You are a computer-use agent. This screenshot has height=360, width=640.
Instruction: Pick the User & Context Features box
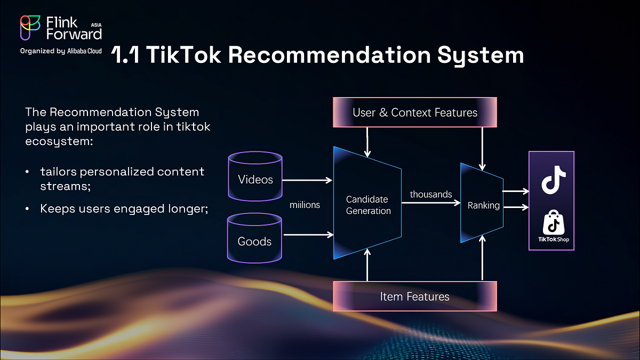(415, 113)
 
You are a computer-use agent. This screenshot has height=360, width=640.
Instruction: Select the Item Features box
(414, 297)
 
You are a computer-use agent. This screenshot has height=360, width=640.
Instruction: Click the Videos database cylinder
(255, 177)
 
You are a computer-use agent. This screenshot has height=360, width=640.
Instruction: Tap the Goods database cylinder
(254, 238)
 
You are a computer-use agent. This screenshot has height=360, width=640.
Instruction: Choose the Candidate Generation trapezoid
(368, 204)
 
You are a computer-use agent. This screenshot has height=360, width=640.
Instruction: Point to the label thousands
(431, 194)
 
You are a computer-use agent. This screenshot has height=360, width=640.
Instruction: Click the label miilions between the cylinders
(305, 205)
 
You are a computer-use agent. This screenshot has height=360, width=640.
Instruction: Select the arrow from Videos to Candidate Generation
(307, 180)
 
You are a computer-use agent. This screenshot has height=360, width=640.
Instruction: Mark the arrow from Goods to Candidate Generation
(307, 234)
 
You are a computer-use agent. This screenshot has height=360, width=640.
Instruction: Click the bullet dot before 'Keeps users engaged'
(27, 209)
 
